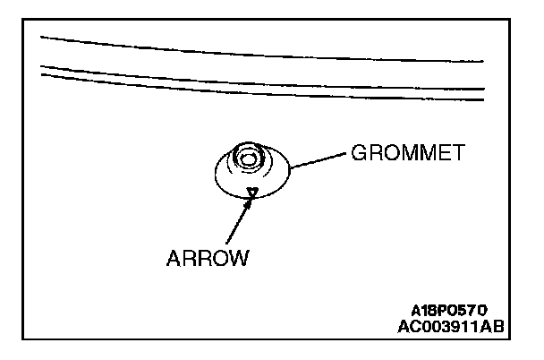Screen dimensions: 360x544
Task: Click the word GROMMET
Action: (x=406, y=153)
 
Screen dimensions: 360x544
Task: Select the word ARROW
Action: (x=207, y=259)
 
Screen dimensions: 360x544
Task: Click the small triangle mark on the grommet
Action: (x=253, y=190)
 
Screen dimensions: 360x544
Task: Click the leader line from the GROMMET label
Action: (x=318, y=159)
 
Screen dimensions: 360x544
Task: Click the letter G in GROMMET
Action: (x=357, y=153)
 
